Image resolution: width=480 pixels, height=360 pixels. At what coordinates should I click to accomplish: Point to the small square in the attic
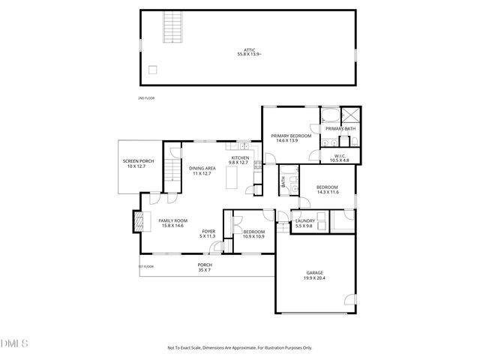tap(153, 70)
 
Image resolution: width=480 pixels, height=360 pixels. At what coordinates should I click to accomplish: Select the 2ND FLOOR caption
tap(145, 98)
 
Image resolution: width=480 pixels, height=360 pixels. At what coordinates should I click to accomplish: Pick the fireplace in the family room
tap(138, 220)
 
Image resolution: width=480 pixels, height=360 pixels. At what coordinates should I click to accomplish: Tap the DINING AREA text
tap(202, 168)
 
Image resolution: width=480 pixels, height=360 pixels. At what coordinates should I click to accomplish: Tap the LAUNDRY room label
tap(304, 220)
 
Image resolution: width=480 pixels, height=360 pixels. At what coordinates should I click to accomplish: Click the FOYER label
tap(207, 232)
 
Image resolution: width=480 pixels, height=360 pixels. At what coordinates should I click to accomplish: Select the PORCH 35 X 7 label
tap(205, 266)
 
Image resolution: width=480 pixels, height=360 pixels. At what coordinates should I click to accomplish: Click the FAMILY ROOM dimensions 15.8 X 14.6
tap(172, 225)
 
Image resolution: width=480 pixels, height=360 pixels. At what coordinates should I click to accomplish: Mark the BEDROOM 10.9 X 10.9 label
tap(253, 235)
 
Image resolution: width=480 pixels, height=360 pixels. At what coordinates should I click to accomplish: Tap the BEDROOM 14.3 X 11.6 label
tap(327, 190)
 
